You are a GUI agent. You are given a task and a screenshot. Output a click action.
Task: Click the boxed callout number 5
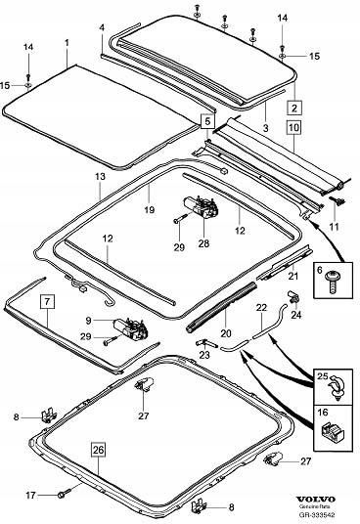pyautogui.click(x=206, y=122)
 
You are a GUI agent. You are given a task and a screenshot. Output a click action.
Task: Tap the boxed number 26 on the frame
pyautogui.click(x=98, y=451)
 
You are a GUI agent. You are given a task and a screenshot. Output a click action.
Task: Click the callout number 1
pyautogui.click(x=66, y=44)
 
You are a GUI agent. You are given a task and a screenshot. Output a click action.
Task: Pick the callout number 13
pyautogui.click(x=99, y=176)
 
